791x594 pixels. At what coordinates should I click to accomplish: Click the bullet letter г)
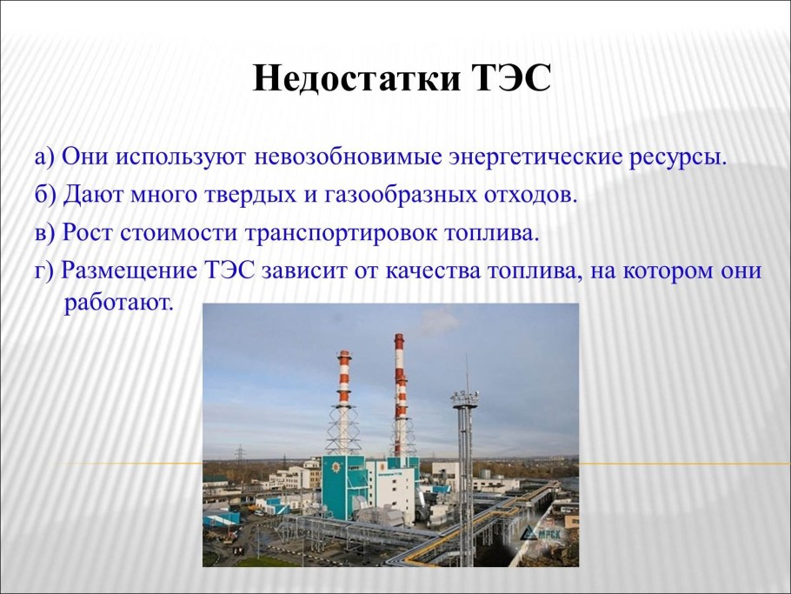pos(44,270)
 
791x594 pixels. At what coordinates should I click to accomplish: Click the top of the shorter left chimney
pos(344,355)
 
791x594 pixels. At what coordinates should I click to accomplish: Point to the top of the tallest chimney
pos(399,337)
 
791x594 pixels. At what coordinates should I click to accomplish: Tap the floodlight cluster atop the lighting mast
pos(463,398)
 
